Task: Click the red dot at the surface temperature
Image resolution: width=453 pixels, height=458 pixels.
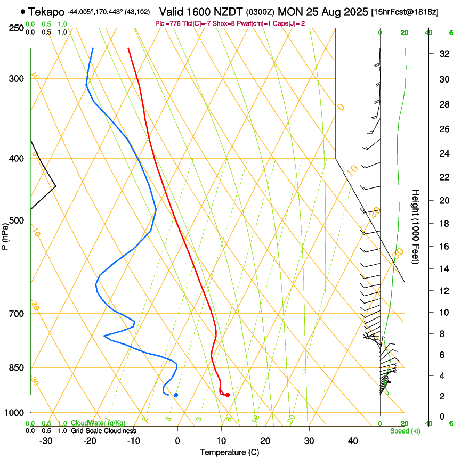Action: pyautogui.click(x=228, y=395)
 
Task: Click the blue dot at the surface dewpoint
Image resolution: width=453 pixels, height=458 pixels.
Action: pyautogui.click(x=176, y=395)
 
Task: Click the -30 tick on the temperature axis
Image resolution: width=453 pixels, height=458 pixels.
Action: pyautogui.click(x=46, y=440)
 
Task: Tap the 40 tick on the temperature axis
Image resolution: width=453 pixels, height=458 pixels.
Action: pyautogui.click(x=352, y=440)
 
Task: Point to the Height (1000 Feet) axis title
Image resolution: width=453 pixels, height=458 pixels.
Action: pyautogui.click(x=416, y=226)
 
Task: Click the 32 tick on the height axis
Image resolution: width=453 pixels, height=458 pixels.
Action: pyautogui.click(x=442, y=54)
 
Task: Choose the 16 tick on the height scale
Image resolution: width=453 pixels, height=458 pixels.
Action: pyautogui.click(x=442, y=247)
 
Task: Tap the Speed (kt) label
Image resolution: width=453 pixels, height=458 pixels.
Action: pyautogui.click(x=405, y=431)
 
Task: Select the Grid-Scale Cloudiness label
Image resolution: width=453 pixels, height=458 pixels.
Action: pyautogui.click(x=103, y=431)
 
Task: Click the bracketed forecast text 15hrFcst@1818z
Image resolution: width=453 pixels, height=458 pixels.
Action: pyautogui.click(x=405, y=12)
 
